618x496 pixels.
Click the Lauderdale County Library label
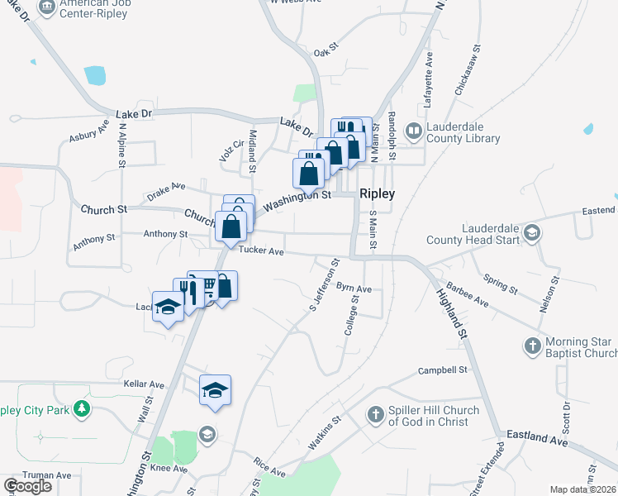(x=463, y=133)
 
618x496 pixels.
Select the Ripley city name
(x=377, y=193)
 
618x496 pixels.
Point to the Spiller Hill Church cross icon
(x=376, y=414)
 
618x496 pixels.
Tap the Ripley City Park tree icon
(x=81, y=408)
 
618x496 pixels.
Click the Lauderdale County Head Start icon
(x=533, y=234)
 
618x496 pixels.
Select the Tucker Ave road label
(x=261, y=250)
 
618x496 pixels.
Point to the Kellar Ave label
(x=144, y=385)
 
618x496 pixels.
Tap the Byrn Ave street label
(x=354, y=289)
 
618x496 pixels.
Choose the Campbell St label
(x=443, y=370)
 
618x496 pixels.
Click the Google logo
(x=27, y=485)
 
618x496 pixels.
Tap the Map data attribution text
(x=583, y=489)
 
